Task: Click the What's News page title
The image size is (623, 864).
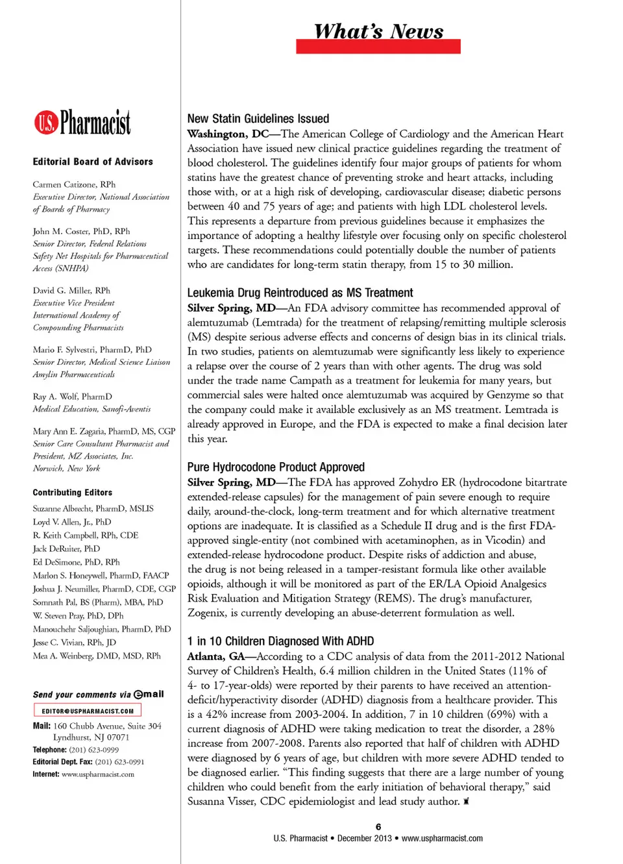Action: point(378,31)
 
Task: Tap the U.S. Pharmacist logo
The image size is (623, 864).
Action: point(82,122)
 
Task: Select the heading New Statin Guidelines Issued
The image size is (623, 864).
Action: point(258,119)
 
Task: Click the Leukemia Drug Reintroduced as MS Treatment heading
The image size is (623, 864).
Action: point(300,293)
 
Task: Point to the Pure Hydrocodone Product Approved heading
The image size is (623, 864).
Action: point(276,467)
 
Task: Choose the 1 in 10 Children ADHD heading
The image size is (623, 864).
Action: point(280,641)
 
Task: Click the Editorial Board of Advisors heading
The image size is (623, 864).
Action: point(93,162)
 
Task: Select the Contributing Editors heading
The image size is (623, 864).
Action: point(72,493)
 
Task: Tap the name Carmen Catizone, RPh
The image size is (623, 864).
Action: point(74,184)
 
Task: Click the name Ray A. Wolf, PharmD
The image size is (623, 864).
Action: point(72,397)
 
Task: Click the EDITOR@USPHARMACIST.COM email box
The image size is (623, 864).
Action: point(88,711)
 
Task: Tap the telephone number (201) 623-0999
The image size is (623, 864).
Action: point(94,750)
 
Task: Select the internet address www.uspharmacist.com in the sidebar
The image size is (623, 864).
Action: point(98,774)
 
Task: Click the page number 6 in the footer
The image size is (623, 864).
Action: point(378,826)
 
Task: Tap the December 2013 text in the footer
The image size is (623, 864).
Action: point(365,838)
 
